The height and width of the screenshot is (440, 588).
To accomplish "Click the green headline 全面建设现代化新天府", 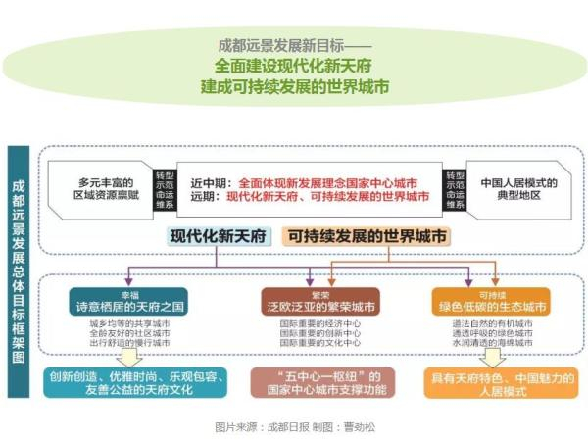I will click(x=294, y=67).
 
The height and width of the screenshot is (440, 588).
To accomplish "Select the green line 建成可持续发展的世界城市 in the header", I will click(x=294, y=86).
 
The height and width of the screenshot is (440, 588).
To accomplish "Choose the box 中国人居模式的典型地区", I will click(x=518, y=187).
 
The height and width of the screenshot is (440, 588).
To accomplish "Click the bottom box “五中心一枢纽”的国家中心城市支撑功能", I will click(x=321, y=382).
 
